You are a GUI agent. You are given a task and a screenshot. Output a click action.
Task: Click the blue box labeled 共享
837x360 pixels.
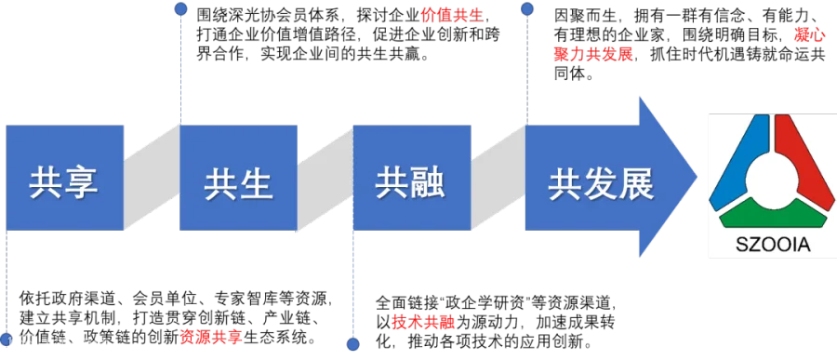tap(64, 178)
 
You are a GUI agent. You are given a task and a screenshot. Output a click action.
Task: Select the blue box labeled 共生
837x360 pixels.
tap(238, 178)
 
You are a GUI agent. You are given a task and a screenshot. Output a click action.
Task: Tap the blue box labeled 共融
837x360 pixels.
tap(412, 178)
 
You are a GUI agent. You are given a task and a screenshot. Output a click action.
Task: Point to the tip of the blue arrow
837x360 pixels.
tap(697, 178)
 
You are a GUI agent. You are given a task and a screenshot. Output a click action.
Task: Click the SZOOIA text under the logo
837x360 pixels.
tap(773, 246)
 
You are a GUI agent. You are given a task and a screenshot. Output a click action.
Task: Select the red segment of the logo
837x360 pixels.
tap(803, 159)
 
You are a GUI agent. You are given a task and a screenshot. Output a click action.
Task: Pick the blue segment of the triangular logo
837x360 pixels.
tap(739, 160)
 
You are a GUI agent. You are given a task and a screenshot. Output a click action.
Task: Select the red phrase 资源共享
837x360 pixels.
tap(211, 338)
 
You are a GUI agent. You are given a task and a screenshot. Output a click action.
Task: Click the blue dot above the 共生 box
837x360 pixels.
tap(181, 8)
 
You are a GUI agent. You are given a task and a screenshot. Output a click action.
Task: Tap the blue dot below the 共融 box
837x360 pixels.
tap(352, 344)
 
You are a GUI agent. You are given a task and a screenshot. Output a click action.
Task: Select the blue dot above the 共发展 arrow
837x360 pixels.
tap(527, 8)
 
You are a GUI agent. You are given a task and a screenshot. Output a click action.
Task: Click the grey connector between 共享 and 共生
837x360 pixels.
tap(152, 178)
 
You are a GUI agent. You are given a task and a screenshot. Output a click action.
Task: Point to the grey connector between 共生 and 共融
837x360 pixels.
tap(325, 178)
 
